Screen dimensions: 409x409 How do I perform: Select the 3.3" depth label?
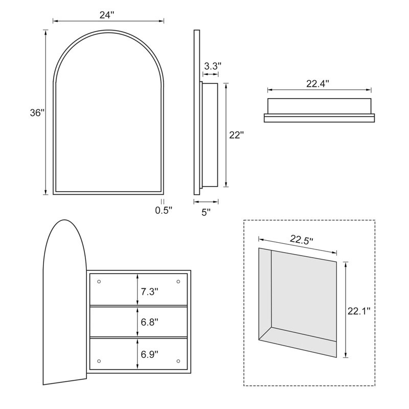[213, 66]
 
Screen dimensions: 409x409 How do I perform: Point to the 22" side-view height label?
[236, 135]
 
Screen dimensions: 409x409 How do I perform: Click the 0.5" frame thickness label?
[164, 210]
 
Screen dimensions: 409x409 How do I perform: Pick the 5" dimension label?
[206, 212]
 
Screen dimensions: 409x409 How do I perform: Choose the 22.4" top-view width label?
[317, 83]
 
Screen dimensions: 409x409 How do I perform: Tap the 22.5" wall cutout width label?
[302, 239]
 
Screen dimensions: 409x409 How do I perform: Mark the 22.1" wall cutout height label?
[359, 310]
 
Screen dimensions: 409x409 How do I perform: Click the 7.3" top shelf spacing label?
[150, 292]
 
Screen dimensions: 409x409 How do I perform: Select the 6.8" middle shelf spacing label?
[150, 322]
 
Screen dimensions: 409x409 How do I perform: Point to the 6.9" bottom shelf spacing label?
[150, 353]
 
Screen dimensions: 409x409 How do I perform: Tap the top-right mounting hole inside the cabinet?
[178, 282]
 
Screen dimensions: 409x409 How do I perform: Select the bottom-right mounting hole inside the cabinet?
[178, 359]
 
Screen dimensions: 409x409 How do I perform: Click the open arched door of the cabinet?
[64, 307]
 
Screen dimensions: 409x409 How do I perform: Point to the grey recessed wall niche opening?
[303, 302]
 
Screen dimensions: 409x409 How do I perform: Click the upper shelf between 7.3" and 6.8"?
[118, 306]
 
